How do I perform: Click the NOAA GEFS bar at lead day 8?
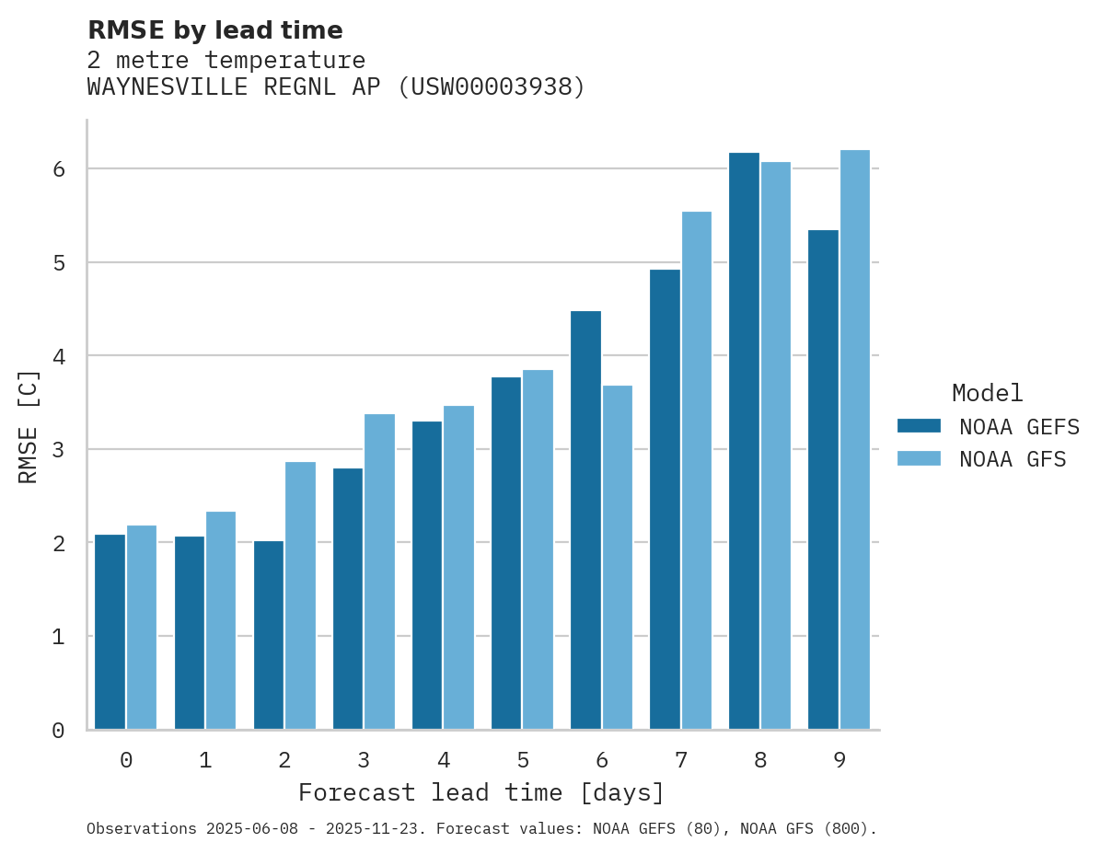pos(744,441)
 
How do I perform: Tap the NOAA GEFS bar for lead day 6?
pos(585,520)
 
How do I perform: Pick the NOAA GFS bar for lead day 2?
pos(300,595)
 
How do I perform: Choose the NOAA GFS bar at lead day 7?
pos(697,470)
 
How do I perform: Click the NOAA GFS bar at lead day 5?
pos(538,549)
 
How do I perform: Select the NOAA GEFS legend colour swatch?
pos(919,425)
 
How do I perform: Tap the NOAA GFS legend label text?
pos(1013,459)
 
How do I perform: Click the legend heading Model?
pos(987,393)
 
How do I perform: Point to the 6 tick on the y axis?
pos(58,169)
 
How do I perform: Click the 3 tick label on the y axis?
pos(58,450)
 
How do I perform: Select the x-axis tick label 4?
pos(444,761)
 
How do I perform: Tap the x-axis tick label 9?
pos(839,761)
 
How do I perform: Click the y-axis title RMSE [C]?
pos(29,426)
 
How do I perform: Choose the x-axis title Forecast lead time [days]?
pos(481,792)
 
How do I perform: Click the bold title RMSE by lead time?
pos(214,30)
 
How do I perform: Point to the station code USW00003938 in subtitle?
pos(491,87)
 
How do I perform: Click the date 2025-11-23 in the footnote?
pos(379,829)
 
